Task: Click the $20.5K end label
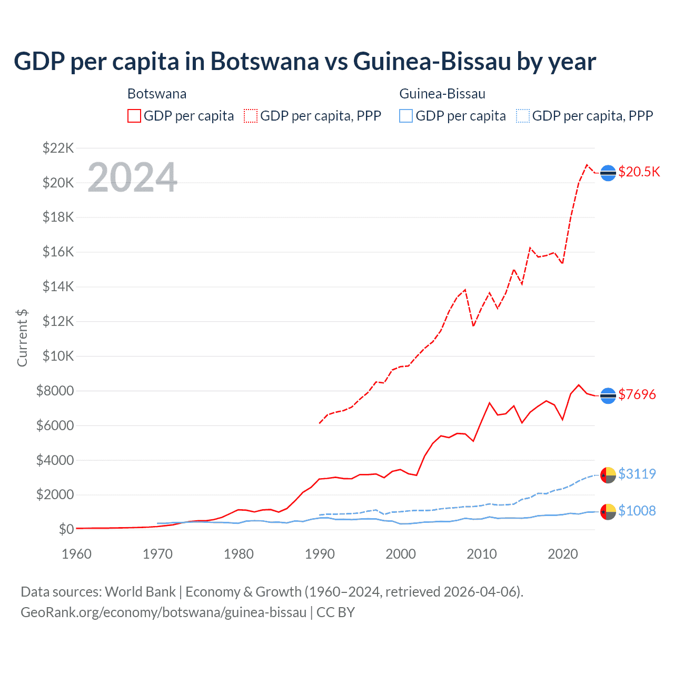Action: tap(639, 172)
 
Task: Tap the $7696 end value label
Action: tap(637, 394)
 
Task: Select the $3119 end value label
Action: tap(637, 474)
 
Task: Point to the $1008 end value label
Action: tap(637, 511)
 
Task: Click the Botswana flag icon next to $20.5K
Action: tap(608, 173)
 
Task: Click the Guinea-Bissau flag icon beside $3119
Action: tap(608, 474)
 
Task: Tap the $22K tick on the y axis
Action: tap(58, 148)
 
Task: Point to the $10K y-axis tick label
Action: tap(58, 356)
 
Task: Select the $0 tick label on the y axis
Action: tap(66, 529)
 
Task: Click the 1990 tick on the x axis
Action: tap(320, 554)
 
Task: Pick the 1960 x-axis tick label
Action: tap(77, 554)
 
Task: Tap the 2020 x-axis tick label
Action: tap(563, 554)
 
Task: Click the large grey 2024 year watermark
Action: tap(132, 177)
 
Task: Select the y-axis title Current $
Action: tap(22, 338)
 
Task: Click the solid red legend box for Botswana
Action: tap(134, 116)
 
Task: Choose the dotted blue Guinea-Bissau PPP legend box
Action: tap(523, 116)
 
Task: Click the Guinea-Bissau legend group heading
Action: tap(442, 94)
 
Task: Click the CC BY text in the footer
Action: tap(335, 612)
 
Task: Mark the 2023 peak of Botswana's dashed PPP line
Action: tap(587, 165)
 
